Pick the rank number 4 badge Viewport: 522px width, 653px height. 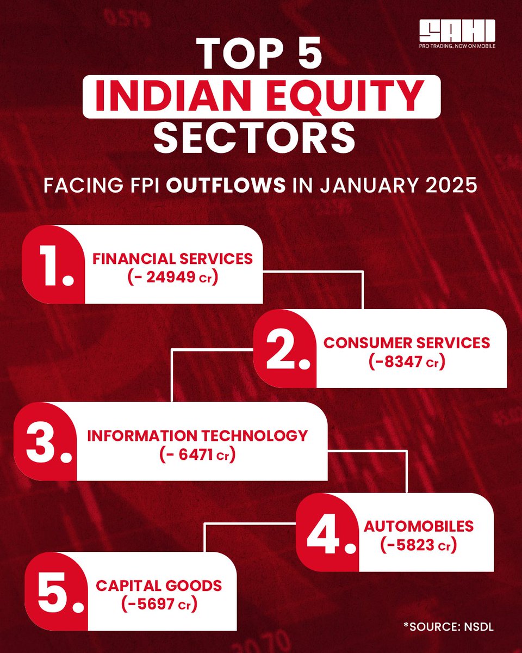pos(326,532)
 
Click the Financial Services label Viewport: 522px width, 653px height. pos(173,258)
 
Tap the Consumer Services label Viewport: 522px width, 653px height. pos(407,342)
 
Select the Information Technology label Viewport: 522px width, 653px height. pos(197,435)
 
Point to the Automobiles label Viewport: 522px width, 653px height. pos(419,526)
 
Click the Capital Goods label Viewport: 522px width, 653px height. pos(159,586)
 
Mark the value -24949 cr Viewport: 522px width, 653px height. pos(173,278)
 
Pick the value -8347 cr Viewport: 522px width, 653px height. pos(407,361)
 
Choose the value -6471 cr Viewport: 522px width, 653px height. pos(197,454)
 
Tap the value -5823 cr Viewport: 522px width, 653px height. pos(419,545)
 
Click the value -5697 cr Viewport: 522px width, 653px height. pos(159,605)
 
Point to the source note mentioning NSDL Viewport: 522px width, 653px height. pos(449,627)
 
